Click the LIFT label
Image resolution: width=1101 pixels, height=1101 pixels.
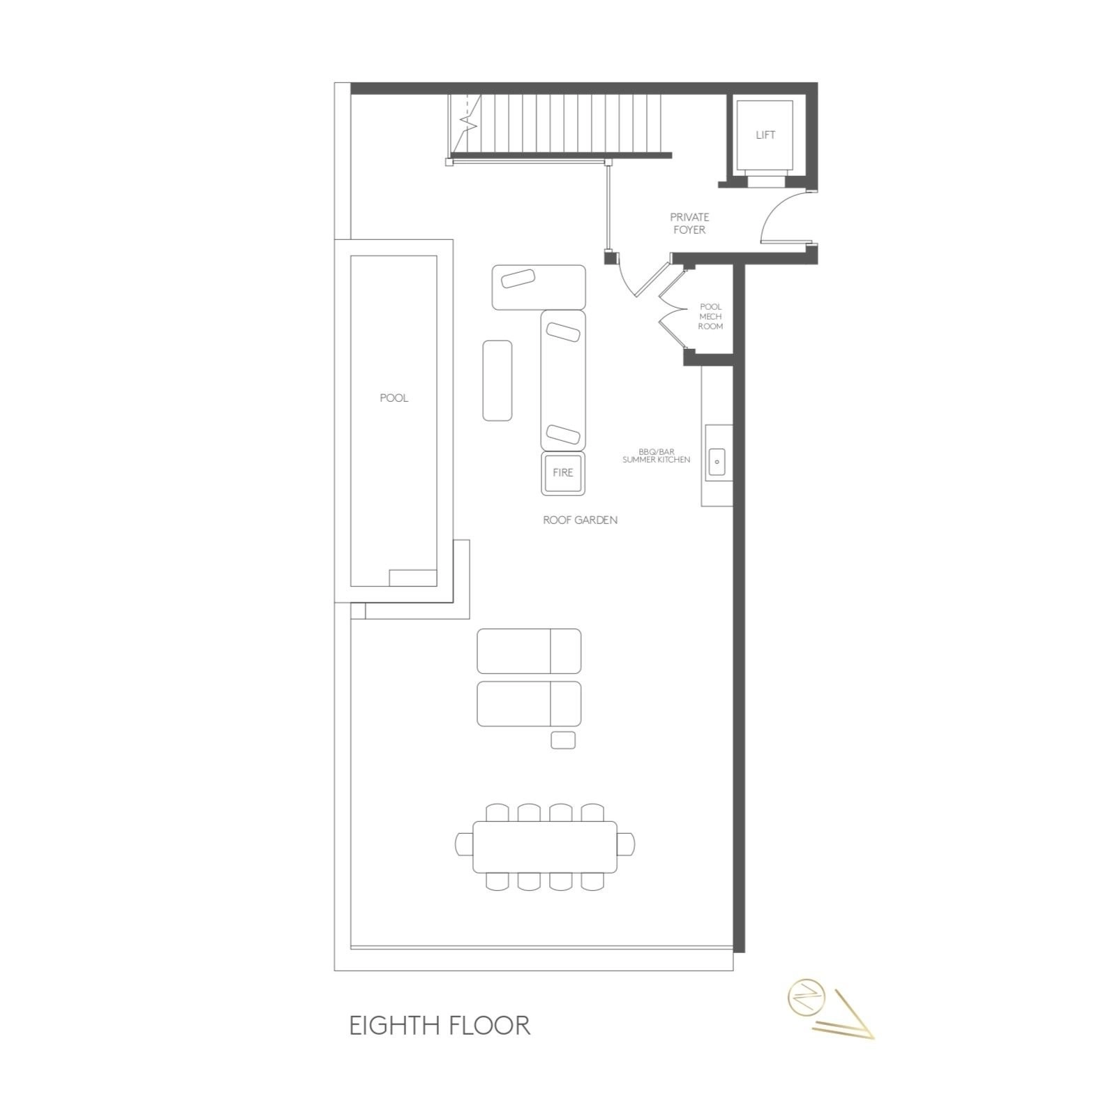765,135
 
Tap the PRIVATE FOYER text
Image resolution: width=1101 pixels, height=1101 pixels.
689,223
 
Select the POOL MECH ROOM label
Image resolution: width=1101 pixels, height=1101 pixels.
710,317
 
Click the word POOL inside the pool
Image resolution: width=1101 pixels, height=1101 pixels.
394,398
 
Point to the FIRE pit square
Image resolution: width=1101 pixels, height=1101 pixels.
563,472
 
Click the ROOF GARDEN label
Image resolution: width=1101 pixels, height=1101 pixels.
580,520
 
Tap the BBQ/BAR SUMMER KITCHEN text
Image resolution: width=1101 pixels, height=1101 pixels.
657,456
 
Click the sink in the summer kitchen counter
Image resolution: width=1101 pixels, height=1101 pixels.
717,462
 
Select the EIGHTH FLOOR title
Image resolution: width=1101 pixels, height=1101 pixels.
440,1026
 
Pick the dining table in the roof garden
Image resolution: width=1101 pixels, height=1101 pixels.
545,847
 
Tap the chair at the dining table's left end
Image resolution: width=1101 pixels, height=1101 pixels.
464,844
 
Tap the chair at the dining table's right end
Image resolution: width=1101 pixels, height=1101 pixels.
627,844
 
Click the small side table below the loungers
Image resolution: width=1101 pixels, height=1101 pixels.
563,740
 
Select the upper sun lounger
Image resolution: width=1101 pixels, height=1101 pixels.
529,651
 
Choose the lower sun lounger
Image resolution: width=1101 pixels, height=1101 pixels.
529,704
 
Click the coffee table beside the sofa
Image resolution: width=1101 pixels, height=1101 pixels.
497,380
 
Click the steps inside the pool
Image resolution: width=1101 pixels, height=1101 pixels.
412,578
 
